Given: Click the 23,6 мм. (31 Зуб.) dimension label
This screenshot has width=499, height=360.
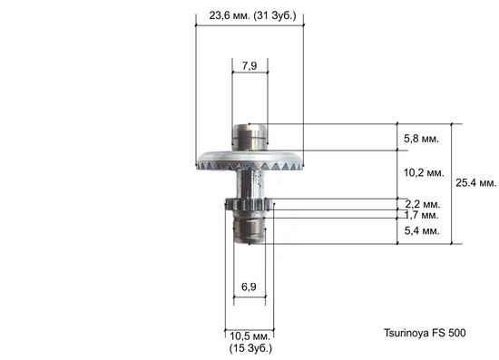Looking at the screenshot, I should click(x=249, y=15).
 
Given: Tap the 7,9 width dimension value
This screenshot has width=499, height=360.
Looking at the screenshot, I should click(x=249, y=64).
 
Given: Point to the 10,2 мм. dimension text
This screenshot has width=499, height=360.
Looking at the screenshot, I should click(x=422, y=172).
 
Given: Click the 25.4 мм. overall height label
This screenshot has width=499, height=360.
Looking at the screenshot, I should click(x=475, y=182).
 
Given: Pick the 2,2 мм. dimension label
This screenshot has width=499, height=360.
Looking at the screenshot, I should click(x=420, y=204).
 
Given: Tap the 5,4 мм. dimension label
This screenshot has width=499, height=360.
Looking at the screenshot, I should click(x=420, y=231).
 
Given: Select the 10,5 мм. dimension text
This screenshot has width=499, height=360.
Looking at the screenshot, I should click(x=249, y=336).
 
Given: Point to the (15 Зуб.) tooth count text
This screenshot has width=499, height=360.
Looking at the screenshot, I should click(x=249, y=347).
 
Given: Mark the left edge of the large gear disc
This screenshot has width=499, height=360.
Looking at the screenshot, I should click(x=200, y=163).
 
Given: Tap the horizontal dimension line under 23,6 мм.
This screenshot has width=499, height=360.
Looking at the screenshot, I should click(x=249, y=24).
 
